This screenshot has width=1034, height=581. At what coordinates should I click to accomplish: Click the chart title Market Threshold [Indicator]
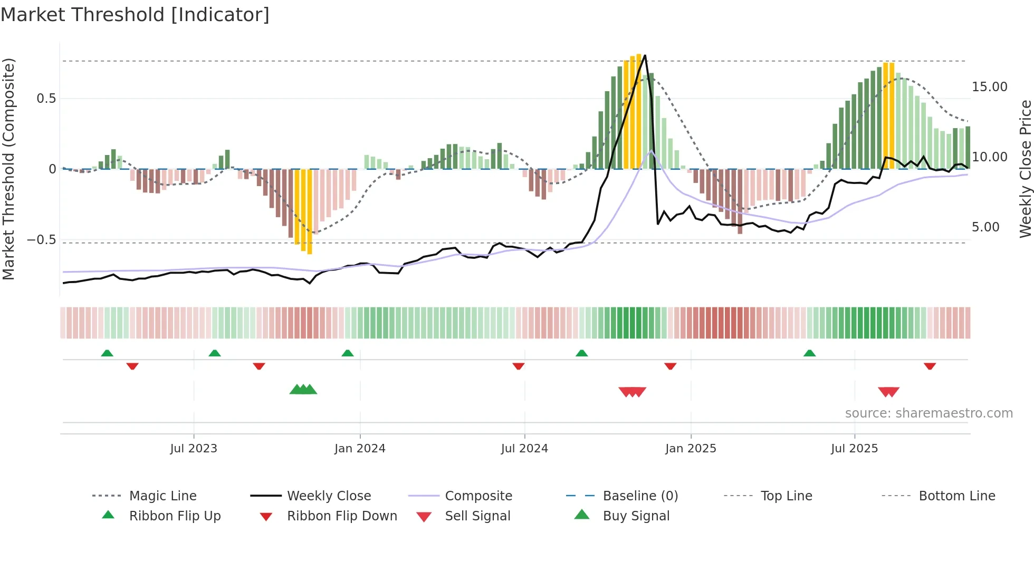click(135, 15)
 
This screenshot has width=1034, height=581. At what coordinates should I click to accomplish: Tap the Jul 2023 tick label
click(194, 449)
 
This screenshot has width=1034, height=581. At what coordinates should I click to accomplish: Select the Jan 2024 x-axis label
click(360, 449)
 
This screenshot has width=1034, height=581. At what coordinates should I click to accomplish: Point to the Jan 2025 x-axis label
click(691, 449)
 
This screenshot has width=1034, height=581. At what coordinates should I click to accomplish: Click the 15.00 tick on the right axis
click(989, 87)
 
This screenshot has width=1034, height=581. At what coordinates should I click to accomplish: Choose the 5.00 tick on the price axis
click(985, 227)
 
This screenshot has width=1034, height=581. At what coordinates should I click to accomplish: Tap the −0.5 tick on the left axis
click(42, 240)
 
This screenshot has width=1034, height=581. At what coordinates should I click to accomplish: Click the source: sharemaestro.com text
click(928, 413)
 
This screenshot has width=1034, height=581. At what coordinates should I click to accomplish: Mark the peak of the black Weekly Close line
click(645, 55)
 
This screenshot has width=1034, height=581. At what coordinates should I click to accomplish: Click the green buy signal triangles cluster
click(303, 390)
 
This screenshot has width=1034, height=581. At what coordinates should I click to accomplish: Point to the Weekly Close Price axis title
click(1025, 169)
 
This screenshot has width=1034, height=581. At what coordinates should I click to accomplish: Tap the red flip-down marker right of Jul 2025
click(930, 366)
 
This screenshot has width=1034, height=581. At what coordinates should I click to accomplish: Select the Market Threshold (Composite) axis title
click(8, 169)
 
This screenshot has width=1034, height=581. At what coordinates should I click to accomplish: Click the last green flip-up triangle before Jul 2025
click(809, 353)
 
